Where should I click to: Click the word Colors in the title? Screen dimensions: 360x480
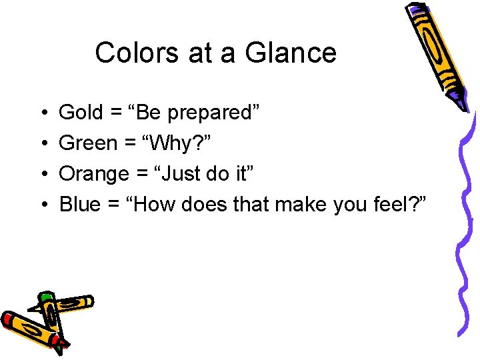point(137,53)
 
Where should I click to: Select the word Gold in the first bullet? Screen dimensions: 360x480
point(81,113)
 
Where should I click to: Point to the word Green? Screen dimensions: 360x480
point(87,143)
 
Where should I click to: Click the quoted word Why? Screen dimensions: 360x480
point(163,144)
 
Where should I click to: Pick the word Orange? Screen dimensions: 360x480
point(94,175)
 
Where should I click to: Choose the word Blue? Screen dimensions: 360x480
point(79,204)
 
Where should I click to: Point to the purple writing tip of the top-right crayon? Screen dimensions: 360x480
point(462,103)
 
